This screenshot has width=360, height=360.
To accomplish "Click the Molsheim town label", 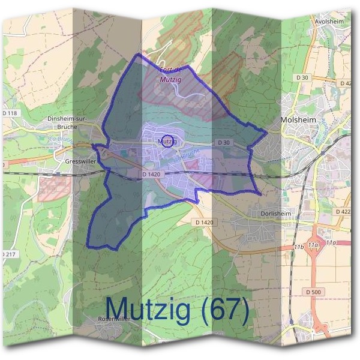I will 298,120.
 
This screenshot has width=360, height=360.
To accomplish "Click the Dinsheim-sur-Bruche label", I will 67,122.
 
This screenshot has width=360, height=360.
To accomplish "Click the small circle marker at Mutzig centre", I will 169,141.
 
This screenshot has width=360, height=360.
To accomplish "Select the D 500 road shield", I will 313,292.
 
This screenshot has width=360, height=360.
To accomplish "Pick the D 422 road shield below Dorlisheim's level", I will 344,212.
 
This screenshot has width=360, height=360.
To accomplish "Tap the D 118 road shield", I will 11,113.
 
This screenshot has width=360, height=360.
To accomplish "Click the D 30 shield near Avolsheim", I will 302,78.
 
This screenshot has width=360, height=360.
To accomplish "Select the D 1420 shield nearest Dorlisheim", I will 204,222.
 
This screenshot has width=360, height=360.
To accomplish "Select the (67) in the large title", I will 223,310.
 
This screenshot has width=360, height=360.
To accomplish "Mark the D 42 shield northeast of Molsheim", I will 346,83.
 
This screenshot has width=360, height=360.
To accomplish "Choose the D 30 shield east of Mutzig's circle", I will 223,142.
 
